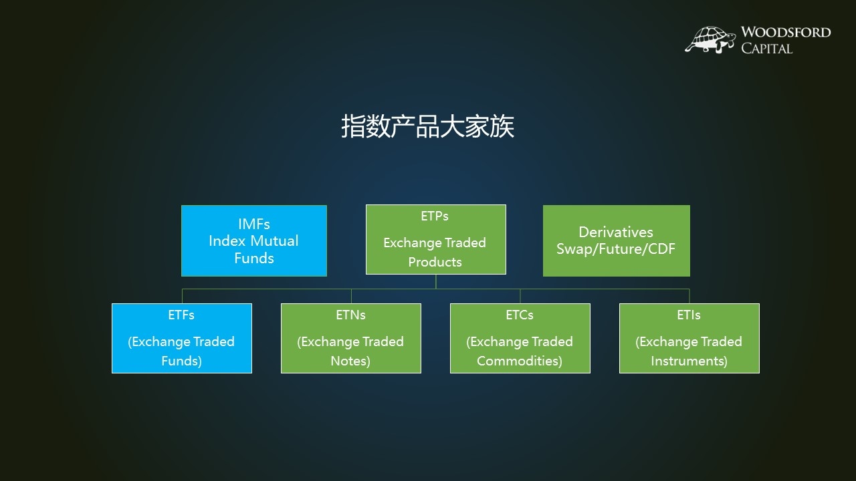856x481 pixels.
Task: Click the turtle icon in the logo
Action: point(710,39)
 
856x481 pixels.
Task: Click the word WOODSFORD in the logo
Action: point(785,32)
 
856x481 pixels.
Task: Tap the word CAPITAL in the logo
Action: point(766,48)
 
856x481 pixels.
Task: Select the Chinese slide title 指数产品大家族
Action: point(427,126)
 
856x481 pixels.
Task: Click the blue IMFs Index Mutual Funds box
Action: point(254,240)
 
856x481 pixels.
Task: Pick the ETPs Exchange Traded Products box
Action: point(436,239)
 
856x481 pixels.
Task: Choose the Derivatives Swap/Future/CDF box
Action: point(616,240)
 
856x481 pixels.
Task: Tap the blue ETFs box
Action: point(182,338)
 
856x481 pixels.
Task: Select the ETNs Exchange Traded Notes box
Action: point(351,338)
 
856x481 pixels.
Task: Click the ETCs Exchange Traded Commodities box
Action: point(520,338)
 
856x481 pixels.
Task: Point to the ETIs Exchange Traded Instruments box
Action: point(689,338)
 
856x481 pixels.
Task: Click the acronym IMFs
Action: point(254,224)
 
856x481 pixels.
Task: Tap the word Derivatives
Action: point(615,232)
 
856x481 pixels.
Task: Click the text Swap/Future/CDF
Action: point(616,249)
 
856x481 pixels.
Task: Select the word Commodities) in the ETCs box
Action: point(520,361)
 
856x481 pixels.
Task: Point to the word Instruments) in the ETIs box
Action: point(689,361)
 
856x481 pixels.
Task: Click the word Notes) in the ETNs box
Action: point(350,361)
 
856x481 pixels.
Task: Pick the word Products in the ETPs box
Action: point(435,262)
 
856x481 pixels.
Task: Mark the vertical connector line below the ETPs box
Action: point(436,281)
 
